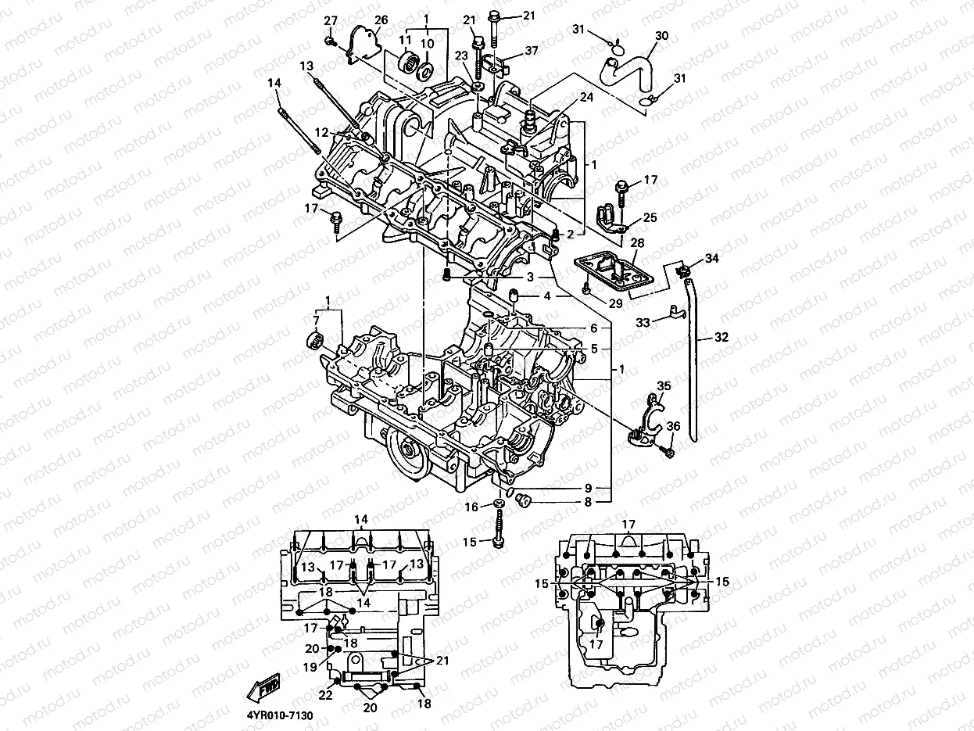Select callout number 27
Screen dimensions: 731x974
[331, 20]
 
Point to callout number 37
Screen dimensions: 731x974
[532, 51]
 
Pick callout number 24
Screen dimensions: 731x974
[586, 98]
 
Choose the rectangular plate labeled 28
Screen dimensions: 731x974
[614, 274]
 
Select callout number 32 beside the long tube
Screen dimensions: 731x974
[720, 339]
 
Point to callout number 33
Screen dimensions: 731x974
[643, 322]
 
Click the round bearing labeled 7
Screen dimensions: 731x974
[314, 341]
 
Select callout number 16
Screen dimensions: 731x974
[471, 507]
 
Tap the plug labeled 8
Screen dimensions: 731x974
[524, 500]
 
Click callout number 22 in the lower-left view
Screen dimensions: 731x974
[325, 694]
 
